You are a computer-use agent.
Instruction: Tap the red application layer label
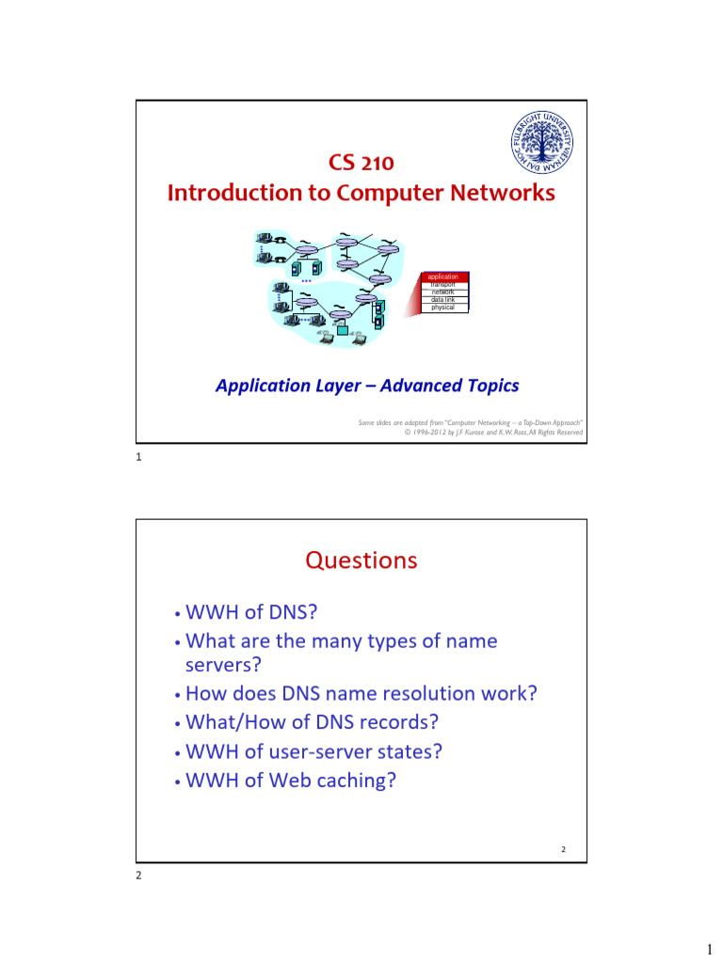[442, 276]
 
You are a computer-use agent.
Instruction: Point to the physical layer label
[442, 308]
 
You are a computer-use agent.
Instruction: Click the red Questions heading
[361, 560]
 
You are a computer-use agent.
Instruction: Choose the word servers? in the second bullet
[222, 667]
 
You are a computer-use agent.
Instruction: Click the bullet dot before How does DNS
[177, 696]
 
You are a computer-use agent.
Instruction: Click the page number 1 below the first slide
[138, 458]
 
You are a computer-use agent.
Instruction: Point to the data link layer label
[442, 300]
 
